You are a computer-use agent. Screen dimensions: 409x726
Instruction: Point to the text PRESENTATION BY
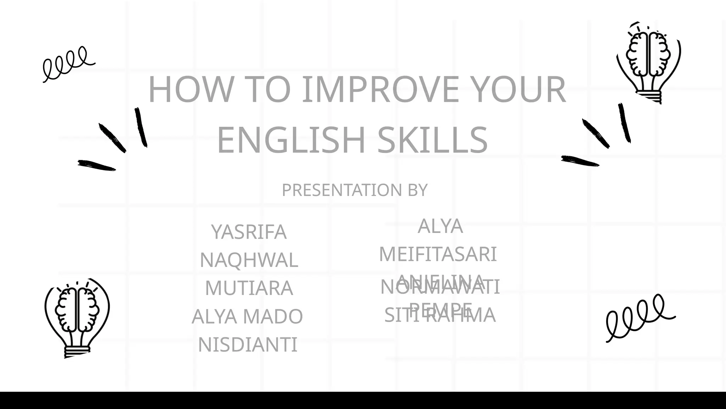point(354,190)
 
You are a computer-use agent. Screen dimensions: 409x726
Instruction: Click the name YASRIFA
point(249,232)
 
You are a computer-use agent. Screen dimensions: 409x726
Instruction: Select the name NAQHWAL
point(249,260)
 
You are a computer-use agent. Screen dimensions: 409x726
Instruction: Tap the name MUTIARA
point(249,288)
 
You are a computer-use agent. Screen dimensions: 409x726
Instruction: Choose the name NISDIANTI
point(247,344)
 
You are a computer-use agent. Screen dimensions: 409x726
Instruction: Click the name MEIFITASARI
point(438,254)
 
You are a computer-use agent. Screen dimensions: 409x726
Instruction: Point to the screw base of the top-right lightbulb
point(650,96)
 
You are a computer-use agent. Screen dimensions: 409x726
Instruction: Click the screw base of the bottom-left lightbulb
point(77,351)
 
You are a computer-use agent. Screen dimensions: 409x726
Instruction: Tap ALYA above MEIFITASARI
point(440,226)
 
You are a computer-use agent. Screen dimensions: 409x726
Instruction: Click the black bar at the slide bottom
point(363,400)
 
